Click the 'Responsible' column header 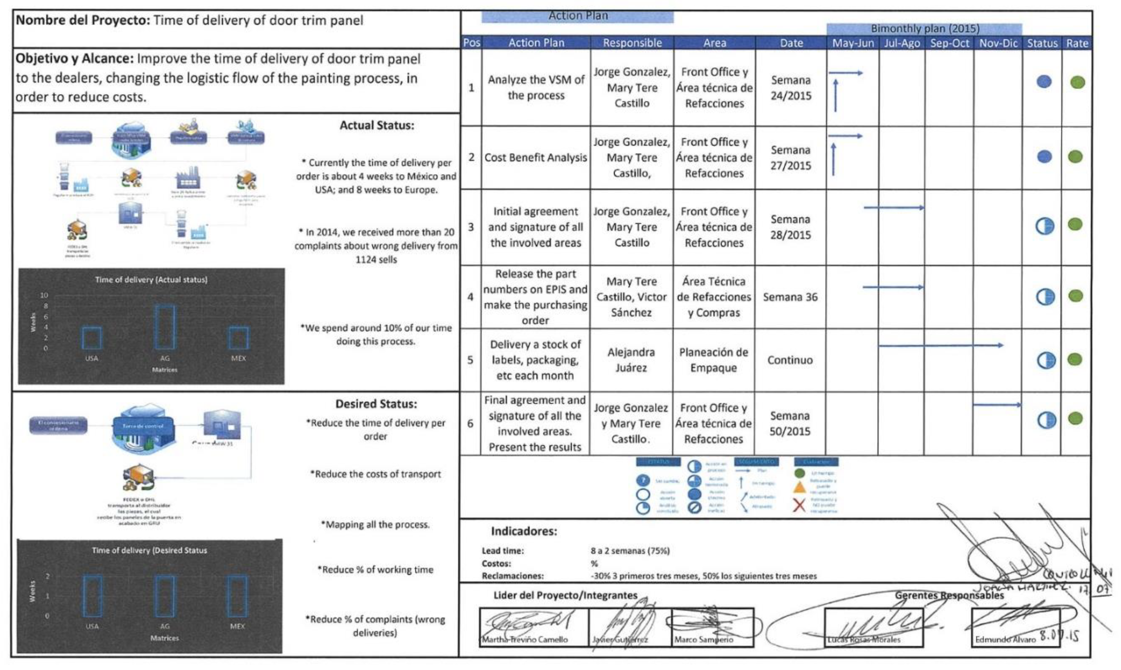632,43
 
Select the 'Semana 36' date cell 790,297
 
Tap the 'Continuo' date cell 790,360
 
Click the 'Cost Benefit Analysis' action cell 536,158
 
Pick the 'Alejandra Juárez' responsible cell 631,360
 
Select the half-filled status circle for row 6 1046,420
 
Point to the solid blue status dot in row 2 1044,157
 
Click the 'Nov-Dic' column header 998,43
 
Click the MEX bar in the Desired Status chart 237,596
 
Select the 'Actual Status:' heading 377,126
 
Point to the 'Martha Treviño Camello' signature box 534,627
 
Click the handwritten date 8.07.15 1059,636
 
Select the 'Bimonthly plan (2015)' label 925,28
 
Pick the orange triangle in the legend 800,488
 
